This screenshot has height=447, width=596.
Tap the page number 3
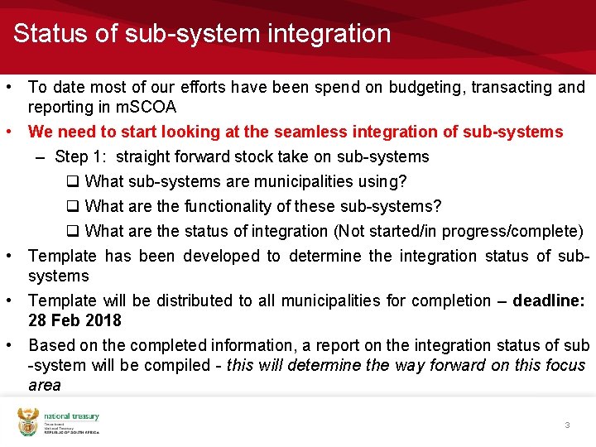click(x=567, y=425)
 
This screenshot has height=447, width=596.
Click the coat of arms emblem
click(x=28, y=422)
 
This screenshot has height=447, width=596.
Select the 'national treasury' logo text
click(x=71, y=417)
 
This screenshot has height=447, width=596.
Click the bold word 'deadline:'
click(x=549, y=300)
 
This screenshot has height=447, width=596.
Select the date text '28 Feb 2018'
click(x=74, y=320)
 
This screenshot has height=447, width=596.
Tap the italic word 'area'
click(x=45, y=385)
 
